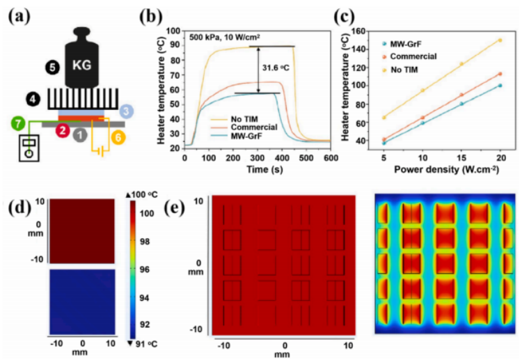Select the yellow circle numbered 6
coord(119,139)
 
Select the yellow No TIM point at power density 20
coord(500,40)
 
